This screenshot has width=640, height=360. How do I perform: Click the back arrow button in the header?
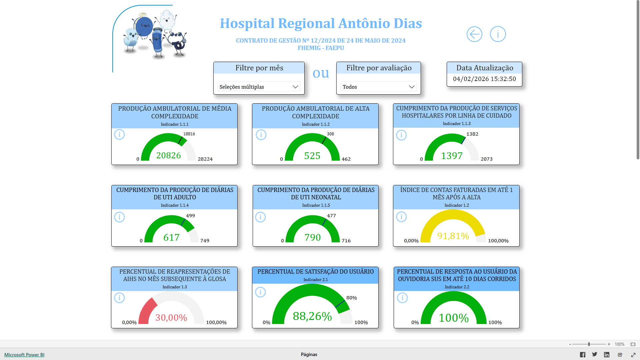[474, 34]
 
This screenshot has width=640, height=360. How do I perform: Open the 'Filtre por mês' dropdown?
[259, 87]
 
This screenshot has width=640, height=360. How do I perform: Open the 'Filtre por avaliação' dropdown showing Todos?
[378, 87]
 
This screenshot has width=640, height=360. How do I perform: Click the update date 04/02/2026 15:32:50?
[484, 79]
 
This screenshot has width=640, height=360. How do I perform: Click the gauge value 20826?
[169, 155]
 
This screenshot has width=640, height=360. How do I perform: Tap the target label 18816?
[189, 134]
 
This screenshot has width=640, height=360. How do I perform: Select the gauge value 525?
[312, 156]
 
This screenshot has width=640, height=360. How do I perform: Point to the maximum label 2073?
[486, 159]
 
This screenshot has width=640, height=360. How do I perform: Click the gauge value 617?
[171, 237]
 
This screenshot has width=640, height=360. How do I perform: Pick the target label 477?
[331, 216]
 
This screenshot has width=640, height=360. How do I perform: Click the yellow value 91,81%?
[453, 236]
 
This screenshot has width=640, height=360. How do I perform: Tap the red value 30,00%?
[171, 318]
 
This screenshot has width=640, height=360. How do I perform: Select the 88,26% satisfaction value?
[312, 316]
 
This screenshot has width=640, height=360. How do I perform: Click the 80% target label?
[351, 298]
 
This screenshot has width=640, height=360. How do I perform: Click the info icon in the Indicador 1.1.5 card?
[260, 217]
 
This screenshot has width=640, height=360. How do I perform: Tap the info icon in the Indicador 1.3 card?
[119, 298]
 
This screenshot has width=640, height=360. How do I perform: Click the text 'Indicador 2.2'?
[457, 287]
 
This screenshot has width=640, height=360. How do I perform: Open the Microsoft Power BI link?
[24, 355]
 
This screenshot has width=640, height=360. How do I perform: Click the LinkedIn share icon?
[607, 355]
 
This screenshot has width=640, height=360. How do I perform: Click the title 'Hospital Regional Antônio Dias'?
[321, 23]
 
